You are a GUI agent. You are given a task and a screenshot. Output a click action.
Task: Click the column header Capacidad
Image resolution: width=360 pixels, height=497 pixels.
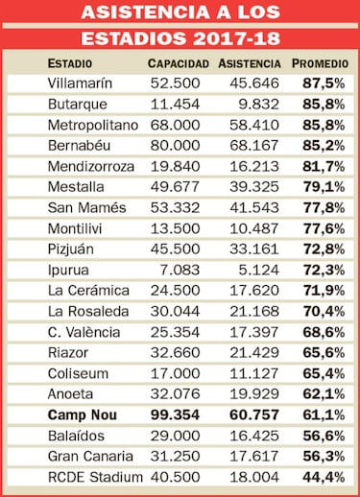tap(179, 63)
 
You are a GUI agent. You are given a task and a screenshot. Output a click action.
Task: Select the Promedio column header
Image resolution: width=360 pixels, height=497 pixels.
tap(320, 63)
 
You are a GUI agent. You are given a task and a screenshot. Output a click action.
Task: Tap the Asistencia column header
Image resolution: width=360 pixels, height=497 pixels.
tap(250, 63)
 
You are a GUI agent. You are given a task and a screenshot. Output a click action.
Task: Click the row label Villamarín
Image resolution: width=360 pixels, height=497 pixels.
tap(80, 83)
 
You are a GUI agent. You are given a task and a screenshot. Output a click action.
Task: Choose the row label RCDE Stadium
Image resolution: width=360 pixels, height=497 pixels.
tap(95, 476)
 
